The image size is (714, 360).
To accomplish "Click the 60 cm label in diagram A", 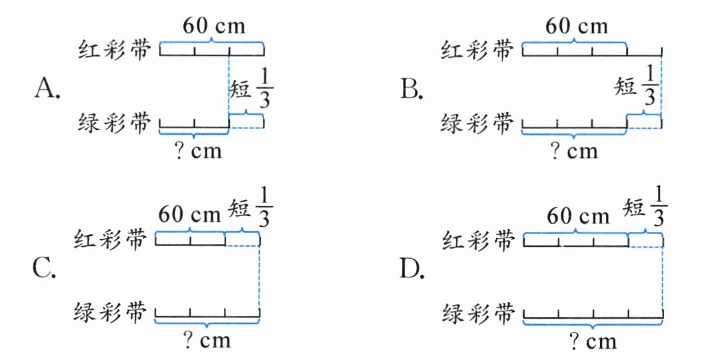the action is (214, 26).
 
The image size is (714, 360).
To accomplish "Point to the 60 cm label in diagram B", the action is (577, 26).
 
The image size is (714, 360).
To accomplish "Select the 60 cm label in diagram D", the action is (577, 216).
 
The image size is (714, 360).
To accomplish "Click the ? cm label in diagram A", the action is (197, 153).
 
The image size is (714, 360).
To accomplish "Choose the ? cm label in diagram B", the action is (574, 152).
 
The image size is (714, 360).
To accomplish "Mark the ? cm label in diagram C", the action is (207, 341).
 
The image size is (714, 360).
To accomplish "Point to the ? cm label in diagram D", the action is (593, 342).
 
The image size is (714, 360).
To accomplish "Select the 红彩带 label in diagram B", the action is (480, 50).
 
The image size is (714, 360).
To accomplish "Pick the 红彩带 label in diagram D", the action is (480, 239).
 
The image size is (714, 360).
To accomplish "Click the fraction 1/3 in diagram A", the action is (268, 89).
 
